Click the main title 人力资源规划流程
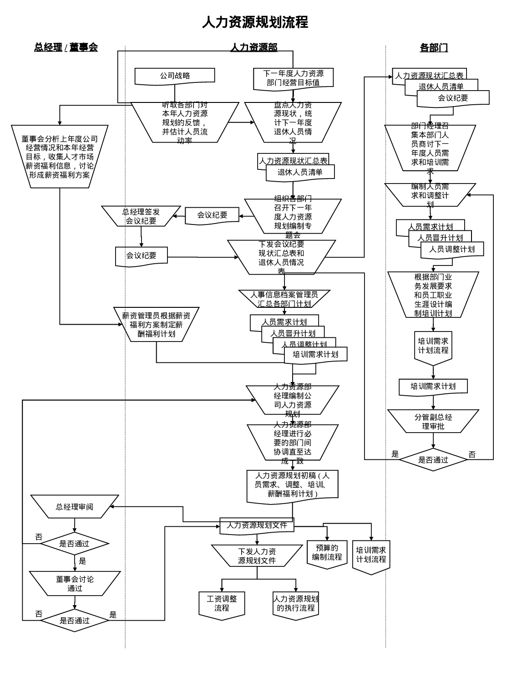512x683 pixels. [x=255, y=22]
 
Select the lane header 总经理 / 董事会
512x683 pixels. [x=66, y=47]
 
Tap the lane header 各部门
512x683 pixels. [x=433, y=47]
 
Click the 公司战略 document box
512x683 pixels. [x=175, y=76]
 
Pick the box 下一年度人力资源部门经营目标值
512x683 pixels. [x=293, y=78]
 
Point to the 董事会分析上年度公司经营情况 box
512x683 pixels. [x=60, y=157]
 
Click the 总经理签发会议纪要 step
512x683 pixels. [x=141, y=216]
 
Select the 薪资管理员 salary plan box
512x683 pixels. [x=156, y=324]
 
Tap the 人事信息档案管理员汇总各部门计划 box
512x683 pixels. [x=284, y=299]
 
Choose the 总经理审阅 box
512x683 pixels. [x=75, y=506]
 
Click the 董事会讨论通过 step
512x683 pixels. [x=75, y=583]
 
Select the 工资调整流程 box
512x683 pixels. [x=222, y=604]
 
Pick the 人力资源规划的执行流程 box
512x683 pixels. [x=295, y=604]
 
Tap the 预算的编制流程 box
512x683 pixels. [x=327, y=553]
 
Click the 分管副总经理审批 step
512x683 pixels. [x=433, y=421]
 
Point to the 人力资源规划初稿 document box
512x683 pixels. [x=292, y=485]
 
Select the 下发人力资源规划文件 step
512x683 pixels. [x=257, y=556]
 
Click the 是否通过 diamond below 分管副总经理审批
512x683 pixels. [x=433, y=459]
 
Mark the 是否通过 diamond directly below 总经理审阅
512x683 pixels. [x=75, y=543]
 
